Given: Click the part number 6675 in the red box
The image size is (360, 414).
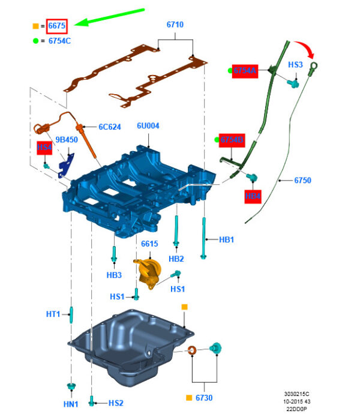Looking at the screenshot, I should click(x=58, y=26).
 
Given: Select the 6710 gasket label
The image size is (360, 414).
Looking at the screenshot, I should click(x=175, y=25).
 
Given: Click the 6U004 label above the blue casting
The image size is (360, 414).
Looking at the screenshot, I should click(x=148, y=126).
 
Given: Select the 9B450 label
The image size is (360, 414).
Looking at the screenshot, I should click(x=67, y=140).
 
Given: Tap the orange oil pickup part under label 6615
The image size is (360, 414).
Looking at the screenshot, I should click(x=149, y=274).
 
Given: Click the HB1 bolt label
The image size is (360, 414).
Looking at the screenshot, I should click(x=226, y=240).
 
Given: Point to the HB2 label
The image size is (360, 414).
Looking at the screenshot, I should click(x=176, y=259).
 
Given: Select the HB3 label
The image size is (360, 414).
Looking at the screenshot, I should click(x=114, y=275).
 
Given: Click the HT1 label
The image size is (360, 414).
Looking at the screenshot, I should click(x=53, y=314).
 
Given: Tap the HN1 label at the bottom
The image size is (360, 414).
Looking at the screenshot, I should click(x=70, y=403).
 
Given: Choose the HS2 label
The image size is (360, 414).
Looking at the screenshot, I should click(x=115, y=403).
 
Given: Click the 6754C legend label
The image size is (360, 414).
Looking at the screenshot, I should click(x=60, y=41).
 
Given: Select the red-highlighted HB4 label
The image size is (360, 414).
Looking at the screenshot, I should click(x=253, y=196).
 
